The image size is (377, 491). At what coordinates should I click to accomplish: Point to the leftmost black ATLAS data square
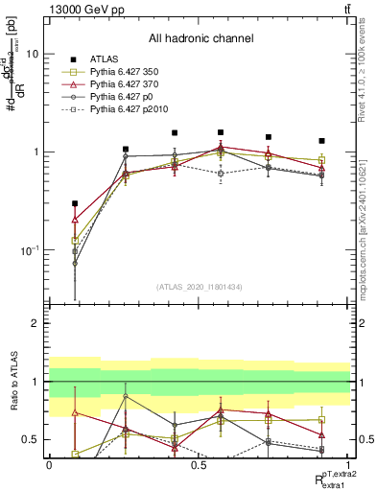[x=75, y=203]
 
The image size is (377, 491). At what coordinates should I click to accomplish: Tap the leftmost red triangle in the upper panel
[x=75, y=220]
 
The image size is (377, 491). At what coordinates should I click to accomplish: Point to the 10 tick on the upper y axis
[x=32, y=55]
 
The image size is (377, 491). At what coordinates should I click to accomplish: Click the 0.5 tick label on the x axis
[x=199, y=465]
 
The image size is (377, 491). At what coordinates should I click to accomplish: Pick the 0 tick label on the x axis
[x=49, y=465]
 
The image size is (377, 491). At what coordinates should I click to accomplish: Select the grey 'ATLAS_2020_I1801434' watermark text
[x=200, y=287]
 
